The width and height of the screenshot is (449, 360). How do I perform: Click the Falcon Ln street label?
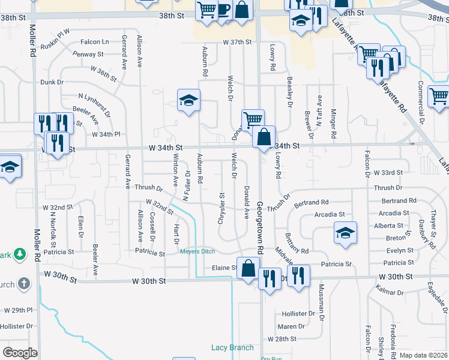click(x=96, y=42)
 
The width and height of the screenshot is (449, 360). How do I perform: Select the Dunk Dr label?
click(x=52, y=82)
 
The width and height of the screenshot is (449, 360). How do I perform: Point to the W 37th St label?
click(x=236, y=43)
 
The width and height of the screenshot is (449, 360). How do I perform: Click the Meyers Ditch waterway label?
click(x=196, y=251)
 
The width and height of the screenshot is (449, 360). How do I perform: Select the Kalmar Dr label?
click(x=391, y=292)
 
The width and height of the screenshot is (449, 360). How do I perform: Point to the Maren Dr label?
click(x=291, y=327)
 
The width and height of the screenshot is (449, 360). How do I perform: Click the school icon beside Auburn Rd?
click(x=188, y=100)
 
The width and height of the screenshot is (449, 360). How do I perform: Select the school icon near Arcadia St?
click(x=345, y=233)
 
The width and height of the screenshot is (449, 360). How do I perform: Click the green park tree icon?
click(x=20, y=254)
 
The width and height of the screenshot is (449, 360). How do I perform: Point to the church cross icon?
click(x=22, y=283)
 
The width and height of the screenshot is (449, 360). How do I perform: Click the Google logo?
click(x=20, y=353)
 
